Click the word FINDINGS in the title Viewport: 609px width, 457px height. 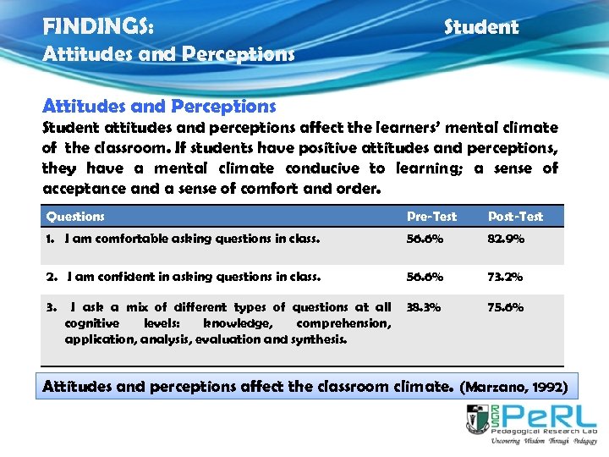coord(98,27)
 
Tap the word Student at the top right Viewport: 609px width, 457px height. coord(481,27)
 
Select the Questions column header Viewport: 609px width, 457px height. coord(75,217)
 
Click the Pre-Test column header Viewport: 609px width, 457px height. coord(431,217)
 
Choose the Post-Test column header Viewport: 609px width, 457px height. coord(515,217)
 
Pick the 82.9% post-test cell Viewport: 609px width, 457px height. coord(505,239)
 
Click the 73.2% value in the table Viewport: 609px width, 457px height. coord(505,276)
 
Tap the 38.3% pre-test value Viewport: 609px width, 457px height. coord(424,307)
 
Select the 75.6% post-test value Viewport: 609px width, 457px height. coord(505,307)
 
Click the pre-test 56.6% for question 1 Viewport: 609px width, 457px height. coord(424,239)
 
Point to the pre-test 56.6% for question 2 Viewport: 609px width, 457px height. coord(424,276)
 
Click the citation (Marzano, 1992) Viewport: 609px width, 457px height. coord(513,388)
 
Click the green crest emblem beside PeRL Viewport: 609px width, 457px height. coord(477,419)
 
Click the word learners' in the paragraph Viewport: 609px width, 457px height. coord(394,128)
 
